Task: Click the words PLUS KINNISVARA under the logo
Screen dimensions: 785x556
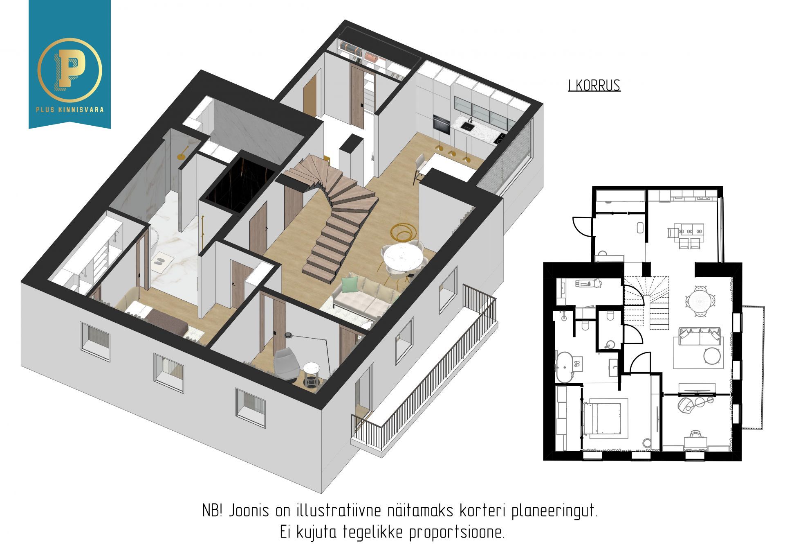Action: click(70, 109)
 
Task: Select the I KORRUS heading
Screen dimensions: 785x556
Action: click(594, 85)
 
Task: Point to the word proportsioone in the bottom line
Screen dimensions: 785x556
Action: click(457, 533)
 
